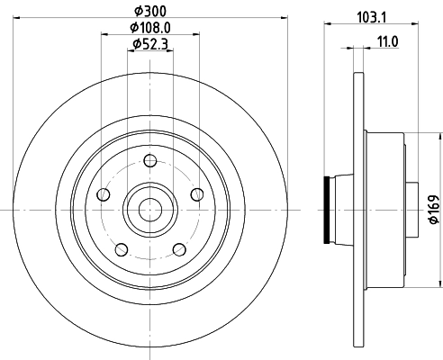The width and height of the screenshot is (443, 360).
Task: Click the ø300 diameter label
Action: coord(150,12)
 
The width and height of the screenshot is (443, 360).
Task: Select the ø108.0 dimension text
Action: coord(150,28)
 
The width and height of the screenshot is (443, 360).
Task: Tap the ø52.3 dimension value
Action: coord(150,44)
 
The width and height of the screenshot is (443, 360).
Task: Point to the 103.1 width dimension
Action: coord(371,17)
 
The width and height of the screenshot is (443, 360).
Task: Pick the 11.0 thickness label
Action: coord(387,41)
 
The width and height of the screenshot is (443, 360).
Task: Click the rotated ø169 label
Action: coord(434,209)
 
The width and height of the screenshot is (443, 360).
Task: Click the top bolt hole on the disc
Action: coord(150,161)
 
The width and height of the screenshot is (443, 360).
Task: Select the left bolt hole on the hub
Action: coord(104,194)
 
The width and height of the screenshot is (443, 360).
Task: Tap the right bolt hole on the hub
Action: coord(197,194)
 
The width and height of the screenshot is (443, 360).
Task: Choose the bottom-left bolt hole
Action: coord(122,249)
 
